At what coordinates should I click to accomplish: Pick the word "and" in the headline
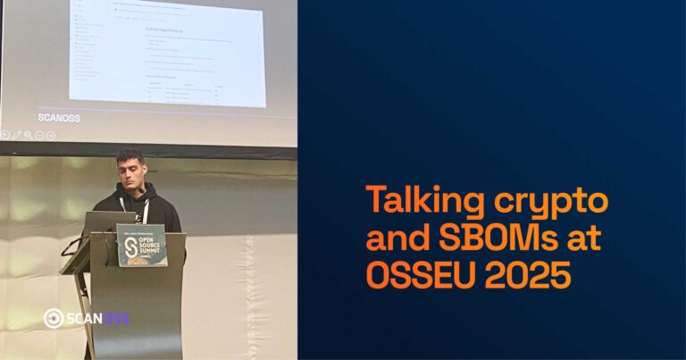(394, 239)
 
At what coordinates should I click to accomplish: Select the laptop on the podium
(109, 221)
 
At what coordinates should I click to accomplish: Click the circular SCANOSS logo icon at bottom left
(53, 318)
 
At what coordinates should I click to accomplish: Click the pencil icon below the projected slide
(17, 135)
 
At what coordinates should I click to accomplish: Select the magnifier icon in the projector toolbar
(29, 135)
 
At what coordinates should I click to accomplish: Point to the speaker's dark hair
(130, 155)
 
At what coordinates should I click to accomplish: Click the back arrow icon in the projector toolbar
(5, 135)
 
